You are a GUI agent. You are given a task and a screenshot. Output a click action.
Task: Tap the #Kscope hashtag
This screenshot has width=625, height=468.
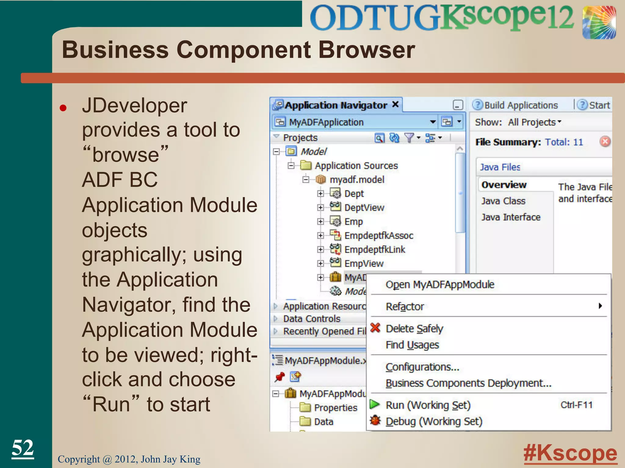[x=570, y=453]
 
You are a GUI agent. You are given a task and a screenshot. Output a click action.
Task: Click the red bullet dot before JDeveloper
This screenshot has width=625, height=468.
[x=63, y=108]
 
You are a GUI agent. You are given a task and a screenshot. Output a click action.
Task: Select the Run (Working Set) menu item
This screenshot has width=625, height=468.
[x=428, y=405]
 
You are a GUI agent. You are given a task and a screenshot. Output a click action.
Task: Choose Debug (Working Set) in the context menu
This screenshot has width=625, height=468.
[x=434, y=421]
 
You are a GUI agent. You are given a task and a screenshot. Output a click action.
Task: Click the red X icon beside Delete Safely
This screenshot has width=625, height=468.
[x=375, y=328]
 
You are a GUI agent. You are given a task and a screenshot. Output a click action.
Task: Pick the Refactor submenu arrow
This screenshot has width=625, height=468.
[x=600, y=306]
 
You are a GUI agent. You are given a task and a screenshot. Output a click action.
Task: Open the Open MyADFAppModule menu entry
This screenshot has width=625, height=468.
[x=440, y=285]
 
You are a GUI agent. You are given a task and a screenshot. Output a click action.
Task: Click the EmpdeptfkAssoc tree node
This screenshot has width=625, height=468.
[x=378, y=236]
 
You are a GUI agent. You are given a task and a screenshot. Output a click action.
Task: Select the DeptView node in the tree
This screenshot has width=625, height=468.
[x=364, y=207]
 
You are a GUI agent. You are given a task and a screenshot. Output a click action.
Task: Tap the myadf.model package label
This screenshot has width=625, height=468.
[x=357, y=179]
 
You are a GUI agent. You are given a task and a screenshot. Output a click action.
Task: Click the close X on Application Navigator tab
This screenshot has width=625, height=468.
[x=395, y=105]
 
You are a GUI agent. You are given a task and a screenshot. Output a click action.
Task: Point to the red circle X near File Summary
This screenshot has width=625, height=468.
[x=605, y=142]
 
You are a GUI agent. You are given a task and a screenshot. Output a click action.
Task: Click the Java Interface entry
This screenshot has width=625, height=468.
[x=511, y=217]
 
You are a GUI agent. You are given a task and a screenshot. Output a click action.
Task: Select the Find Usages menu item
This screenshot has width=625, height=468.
[x=412, y=345]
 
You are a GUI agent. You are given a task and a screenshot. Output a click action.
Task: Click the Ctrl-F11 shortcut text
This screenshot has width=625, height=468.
[x=576, y=405]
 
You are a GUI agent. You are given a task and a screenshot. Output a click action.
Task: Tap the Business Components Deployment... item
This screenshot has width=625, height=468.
[x=468, y=383]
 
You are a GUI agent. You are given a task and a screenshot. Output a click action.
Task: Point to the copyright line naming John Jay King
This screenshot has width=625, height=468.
[x=129, y=459]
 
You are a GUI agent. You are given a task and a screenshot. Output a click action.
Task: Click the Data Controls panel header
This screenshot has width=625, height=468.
[x=312, y=319]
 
